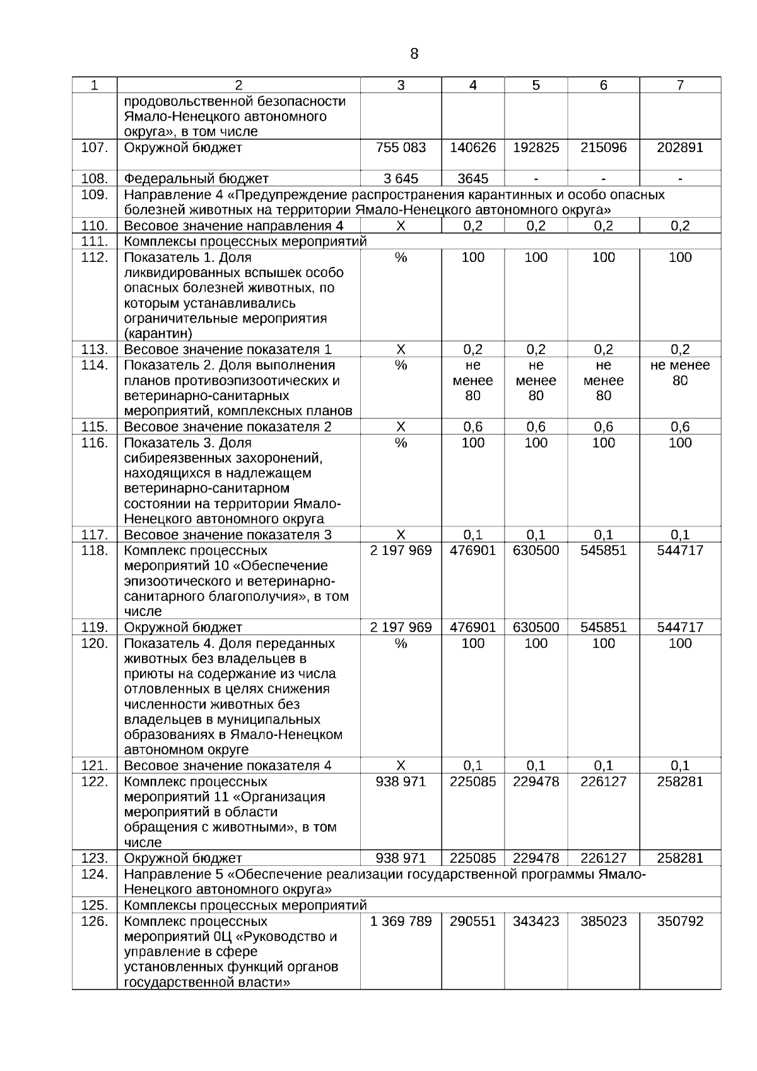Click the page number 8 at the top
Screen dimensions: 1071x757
(x=414, y=54)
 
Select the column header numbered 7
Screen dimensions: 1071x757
(x=679, y=85)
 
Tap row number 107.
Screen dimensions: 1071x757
(x=95, y=148)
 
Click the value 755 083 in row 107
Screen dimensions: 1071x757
(x=401, y=148)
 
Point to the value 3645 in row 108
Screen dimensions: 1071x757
(x=472, y=179)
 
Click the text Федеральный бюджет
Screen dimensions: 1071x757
(x=196, y=179)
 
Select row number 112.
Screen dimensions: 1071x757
(x=95, y=257)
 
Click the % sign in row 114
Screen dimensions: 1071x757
(x=401, y=365)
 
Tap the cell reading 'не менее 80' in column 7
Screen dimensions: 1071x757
(x=679, y=373)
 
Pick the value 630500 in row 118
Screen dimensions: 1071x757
(x=536, y=550)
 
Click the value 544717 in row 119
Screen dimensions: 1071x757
(x=679, y=627)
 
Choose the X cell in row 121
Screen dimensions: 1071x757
(x=401, y=766)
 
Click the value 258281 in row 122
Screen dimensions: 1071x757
(x=679, y=782)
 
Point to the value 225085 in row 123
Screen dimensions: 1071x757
(x=472, y=858)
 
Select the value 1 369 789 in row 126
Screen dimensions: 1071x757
(x=401, y=921)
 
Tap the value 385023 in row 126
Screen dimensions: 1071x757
(x=603, y=921)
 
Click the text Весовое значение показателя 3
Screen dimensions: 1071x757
(x=228, y=535)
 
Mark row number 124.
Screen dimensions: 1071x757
(x=95, y=874)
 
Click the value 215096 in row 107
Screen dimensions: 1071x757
(x=603, y=148)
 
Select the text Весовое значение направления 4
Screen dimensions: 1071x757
(x=233, y=226)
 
